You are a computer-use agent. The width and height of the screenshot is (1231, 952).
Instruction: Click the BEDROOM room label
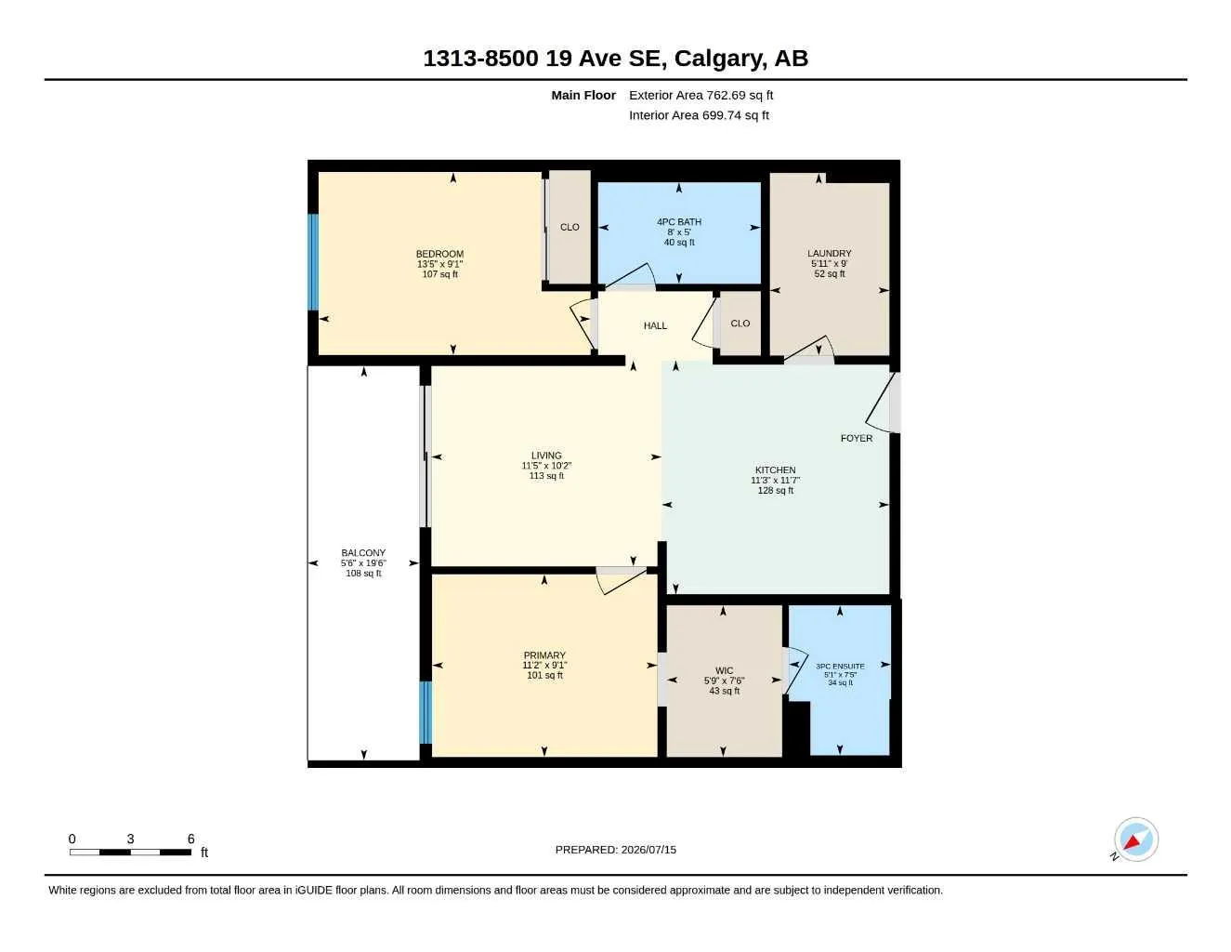(x=439, y=254)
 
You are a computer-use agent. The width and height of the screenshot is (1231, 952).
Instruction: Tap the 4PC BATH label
(x=678, y=221)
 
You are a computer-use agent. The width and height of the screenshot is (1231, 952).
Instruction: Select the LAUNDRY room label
(x=829, y=253)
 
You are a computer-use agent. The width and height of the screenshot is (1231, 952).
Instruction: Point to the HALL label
(x=655, y=325)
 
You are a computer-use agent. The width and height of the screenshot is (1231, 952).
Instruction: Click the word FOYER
(x=856, y=438)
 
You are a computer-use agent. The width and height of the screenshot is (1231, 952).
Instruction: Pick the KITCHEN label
(x=775, y=469)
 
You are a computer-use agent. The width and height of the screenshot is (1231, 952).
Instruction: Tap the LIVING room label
(x=546, y=455)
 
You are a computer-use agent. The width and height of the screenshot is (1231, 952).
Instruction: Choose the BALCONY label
(x=363, y=552)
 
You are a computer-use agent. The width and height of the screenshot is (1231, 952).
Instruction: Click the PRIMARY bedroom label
(x=544, y=655)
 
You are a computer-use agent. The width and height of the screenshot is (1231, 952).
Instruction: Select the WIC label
(x=724, y=670)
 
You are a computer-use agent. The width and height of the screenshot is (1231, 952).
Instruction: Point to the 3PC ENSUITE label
(x=840, y=666)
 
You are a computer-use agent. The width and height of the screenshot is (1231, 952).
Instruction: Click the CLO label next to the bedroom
(x=570, y=227)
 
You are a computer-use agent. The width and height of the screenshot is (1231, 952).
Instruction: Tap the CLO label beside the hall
(x=740, y=324)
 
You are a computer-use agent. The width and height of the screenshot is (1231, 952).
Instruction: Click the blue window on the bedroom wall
(x=313, y=262)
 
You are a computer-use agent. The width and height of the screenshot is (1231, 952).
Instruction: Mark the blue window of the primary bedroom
(x=426, y=712)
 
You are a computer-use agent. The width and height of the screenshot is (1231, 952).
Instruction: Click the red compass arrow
(x=1133, y=841)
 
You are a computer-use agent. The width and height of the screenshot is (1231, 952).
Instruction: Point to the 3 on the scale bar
(x=130, y=839)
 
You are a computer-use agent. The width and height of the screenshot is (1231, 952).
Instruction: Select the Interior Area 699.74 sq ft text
(x=699, y=115)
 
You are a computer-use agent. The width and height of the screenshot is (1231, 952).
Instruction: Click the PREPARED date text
(x=615, y=850)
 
